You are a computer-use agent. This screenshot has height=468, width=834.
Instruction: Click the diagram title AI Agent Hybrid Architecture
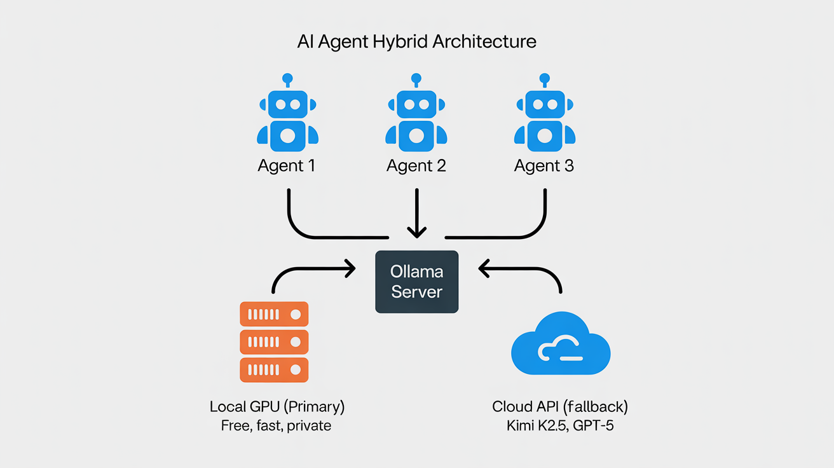click(x=416, y=42)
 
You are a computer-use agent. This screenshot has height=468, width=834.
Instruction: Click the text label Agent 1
click(x=286, y=166)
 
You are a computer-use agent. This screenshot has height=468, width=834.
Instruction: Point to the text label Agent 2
click(x=416, y=166)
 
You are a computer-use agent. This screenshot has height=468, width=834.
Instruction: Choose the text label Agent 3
click(x=544, y=166)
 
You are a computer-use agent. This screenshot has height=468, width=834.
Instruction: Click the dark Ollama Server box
click(x=416, y=282)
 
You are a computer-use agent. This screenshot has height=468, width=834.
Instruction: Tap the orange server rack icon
click(x=274, y=342)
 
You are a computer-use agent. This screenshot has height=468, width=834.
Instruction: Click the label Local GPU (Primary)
click(x=277, y=406)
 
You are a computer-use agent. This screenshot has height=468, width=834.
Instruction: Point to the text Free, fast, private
click(x=277, y=425)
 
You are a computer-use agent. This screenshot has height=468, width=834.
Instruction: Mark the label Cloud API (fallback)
click(x=560, y=406)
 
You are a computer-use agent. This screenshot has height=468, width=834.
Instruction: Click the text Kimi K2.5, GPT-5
click(x=560, y=425)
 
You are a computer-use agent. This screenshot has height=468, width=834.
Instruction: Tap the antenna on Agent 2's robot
click(x=416, y=80)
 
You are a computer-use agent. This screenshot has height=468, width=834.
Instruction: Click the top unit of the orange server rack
click(x=274, y=314)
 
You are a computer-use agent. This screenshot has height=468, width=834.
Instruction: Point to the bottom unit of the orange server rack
click(x=274, y=369)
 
